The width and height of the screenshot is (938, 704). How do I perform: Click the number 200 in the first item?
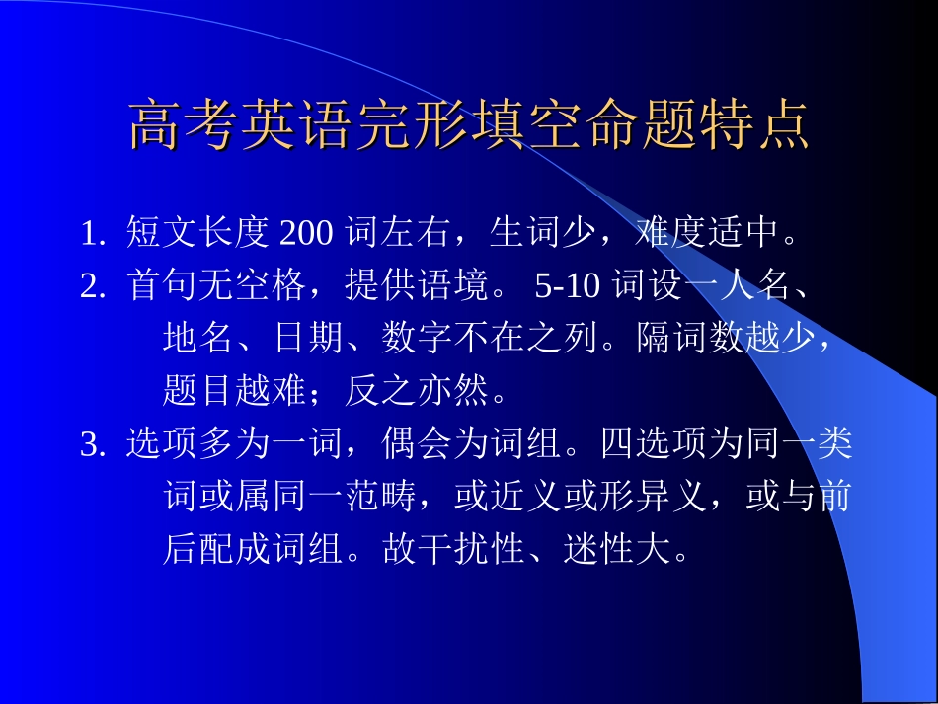[x=308, y=235]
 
